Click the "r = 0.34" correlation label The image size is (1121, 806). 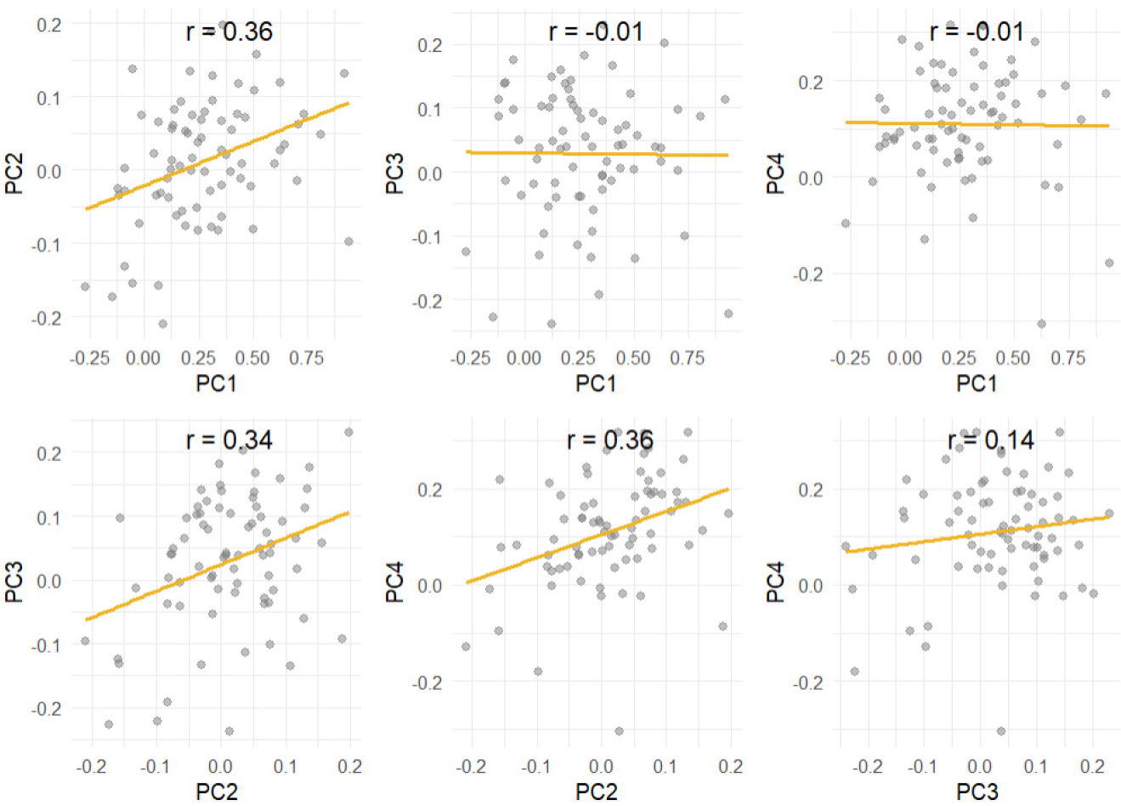[x=229, y=440]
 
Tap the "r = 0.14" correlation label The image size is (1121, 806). [x=990, y=440]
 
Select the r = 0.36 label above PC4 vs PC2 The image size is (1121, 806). [x=609, y=440]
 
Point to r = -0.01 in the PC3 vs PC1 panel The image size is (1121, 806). [x=596, y=32]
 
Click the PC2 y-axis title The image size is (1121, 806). [x=14, y=171]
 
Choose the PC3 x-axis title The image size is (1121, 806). [x=977, y=792]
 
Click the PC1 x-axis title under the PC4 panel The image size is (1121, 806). [x=977, y=383]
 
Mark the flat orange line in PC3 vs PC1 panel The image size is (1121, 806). [x=597, y=153]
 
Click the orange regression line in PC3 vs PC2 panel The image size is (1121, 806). [x=217, y=565]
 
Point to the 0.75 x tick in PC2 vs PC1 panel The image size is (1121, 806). [x=306, y=358]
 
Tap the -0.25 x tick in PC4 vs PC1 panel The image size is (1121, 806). [x=851, y=358]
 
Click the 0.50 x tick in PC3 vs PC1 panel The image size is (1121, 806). [x=632, y=358]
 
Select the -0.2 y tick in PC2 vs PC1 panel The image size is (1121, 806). [x=49, y=318]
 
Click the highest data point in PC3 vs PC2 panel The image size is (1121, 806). [x=348, y=432]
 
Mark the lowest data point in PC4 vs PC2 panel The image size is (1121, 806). [x=619, y=731]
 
